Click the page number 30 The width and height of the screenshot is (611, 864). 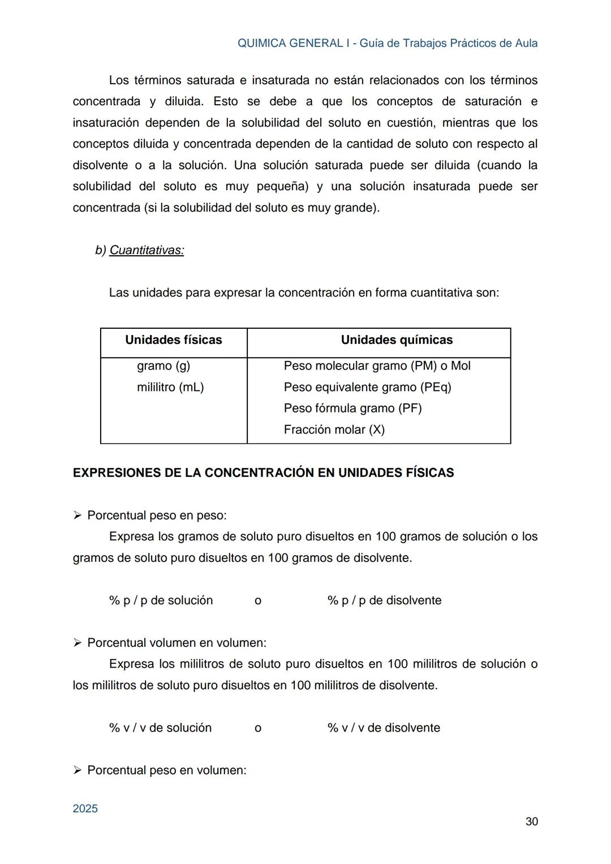coord(531,822)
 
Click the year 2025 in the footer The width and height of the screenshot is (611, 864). coord(85,809)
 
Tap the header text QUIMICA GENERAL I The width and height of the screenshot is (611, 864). coord(290,43)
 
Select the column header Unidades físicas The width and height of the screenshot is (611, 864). coord(173,340)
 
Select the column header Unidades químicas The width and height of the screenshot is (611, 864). coord(397,340)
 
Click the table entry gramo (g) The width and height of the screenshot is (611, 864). coord(163,366)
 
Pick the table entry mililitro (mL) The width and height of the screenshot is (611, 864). coord(170,388)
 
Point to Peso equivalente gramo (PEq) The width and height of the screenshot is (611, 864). coord(367,388)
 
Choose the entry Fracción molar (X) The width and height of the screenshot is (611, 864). coord(334,430)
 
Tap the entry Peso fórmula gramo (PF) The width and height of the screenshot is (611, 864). coord(352,409)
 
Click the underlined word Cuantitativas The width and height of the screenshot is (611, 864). coord(147,250)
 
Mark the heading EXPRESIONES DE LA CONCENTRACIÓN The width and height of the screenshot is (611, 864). coord(263,473)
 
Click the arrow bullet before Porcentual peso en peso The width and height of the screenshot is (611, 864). coord(78,515)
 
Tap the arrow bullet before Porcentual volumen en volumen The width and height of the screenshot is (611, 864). coord(78,643)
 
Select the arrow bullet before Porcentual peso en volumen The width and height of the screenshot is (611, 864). coord(78,770)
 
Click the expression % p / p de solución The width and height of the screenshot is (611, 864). coord(161,600)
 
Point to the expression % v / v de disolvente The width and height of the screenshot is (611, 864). coord(384,728)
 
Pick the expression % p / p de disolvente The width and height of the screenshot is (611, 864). coord(384,600)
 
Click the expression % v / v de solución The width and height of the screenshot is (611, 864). coord(160,728)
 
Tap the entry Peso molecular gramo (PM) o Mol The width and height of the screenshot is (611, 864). coord(377,366)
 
